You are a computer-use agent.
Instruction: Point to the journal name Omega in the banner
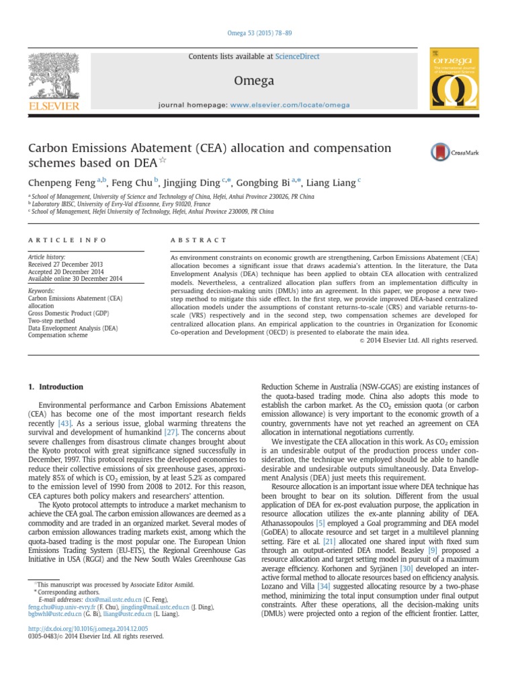(253, 81)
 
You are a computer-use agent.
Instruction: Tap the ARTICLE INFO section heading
(55, 240)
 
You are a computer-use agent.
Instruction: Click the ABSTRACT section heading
(200, 240)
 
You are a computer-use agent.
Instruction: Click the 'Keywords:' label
(41, 291)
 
